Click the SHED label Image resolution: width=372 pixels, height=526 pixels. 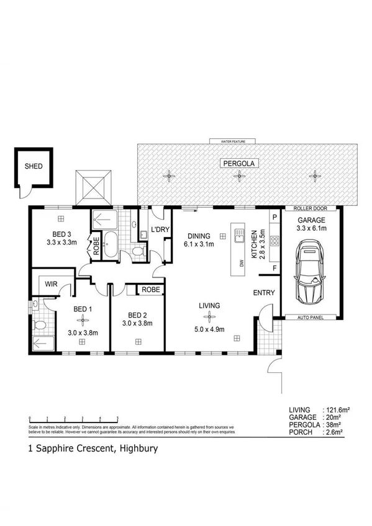tap(32, 167)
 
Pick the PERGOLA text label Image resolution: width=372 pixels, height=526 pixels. tap(238, 163)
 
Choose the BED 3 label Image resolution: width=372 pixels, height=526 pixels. tap(61, 234)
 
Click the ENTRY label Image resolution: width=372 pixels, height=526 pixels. tap(263, 293)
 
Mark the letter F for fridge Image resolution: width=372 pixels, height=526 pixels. tap(273, 267)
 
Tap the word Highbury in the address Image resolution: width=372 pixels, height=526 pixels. tap(135, 447)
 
